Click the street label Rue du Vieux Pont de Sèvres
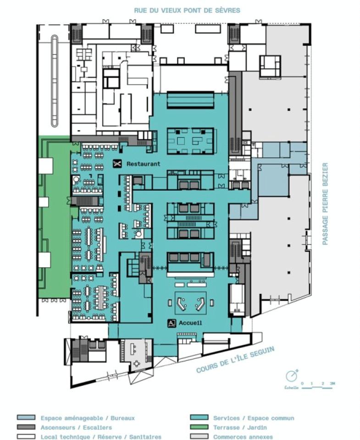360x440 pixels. coord(187,10)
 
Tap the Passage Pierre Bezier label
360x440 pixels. coord(325,203)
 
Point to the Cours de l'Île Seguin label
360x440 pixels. coord(235,359)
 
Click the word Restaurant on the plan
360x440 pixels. coord(143,164)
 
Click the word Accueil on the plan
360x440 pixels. coord(191,323)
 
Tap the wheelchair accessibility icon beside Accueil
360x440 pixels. coord(172,323)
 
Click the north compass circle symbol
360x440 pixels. coord(291,376)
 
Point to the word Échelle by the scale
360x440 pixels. coord(291,388)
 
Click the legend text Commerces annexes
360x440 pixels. coord(243,437)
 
